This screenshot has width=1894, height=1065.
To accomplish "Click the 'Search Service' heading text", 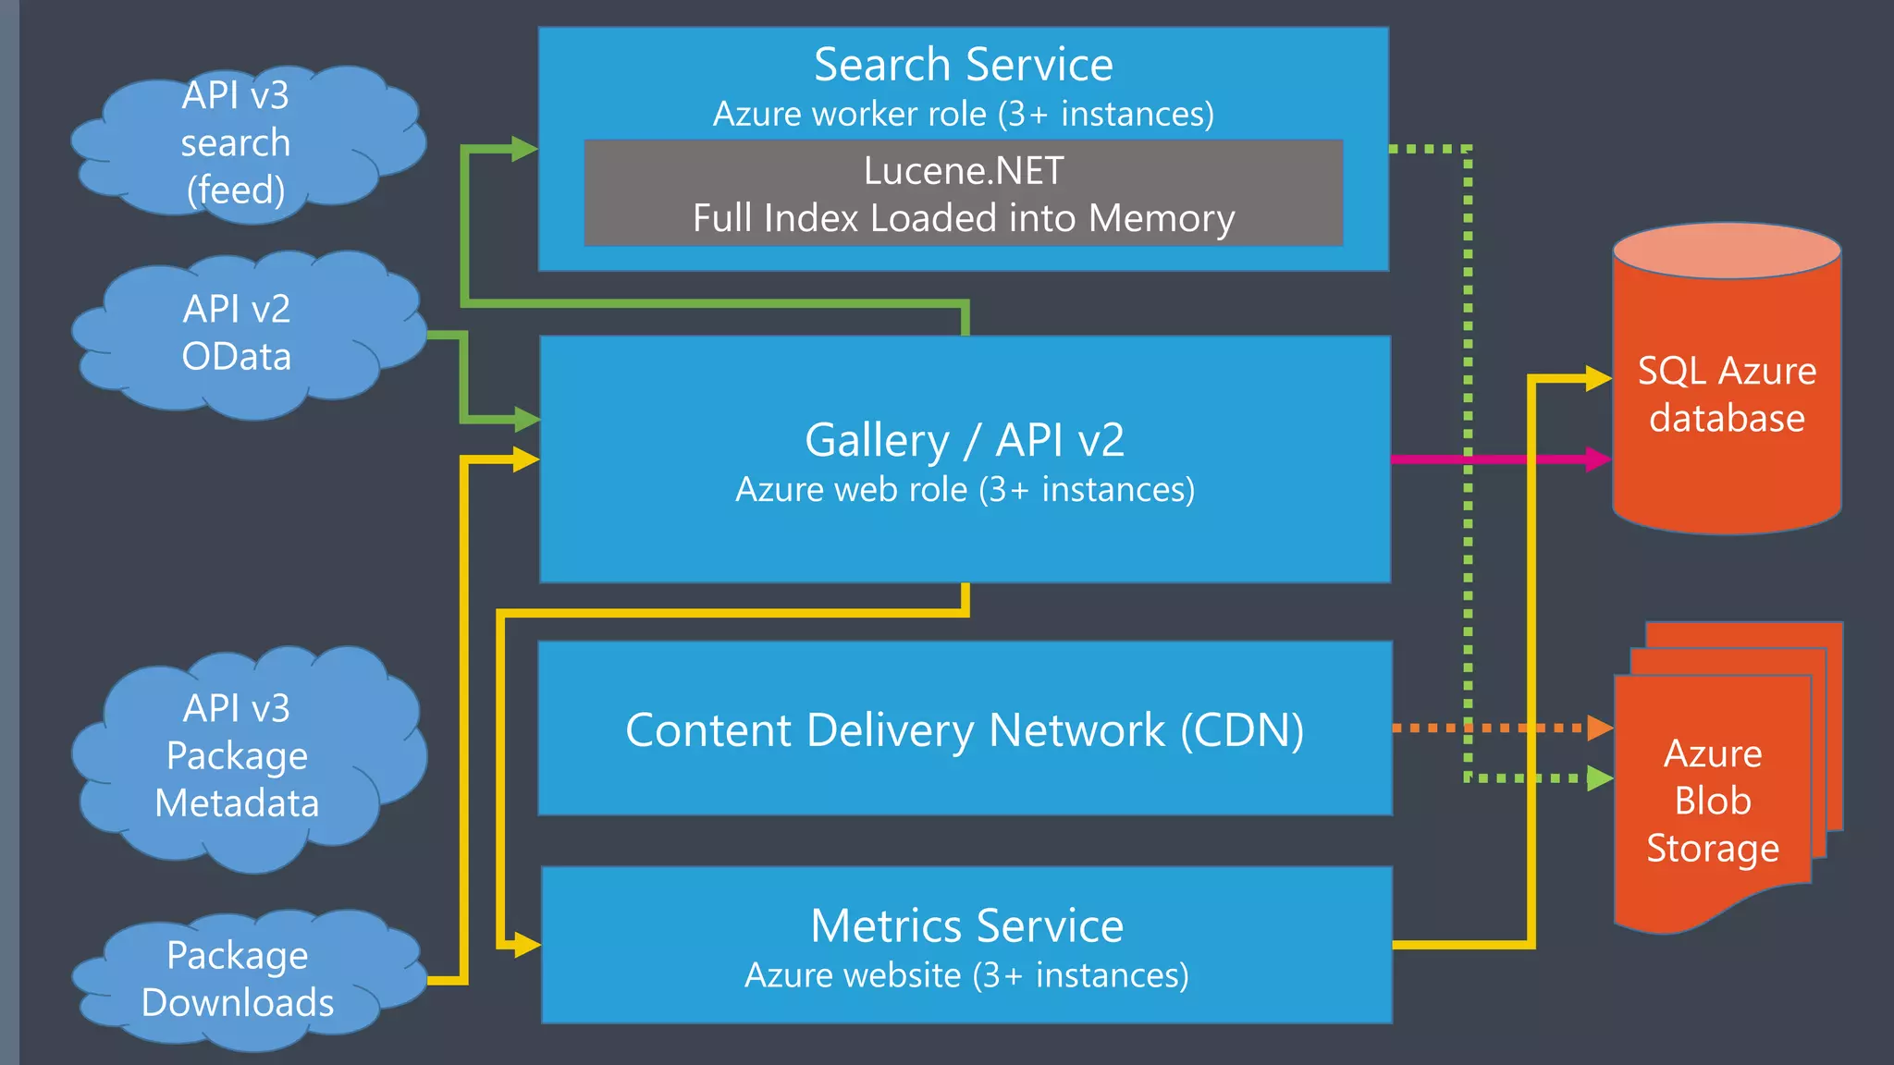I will coord(963,65).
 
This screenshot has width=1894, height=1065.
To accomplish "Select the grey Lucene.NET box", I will coord(963,193).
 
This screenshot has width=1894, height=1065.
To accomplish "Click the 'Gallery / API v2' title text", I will coord(964,440).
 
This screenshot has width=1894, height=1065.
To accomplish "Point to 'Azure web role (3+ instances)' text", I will coord(965,489).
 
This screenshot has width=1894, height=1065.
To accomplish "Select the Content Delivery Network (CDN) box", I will coord(965,728).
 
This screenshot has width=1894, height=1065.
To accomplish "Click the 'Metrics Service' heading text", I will coord(966,925).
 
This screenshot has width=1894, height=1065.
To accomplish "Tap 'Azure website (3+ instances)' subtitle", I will coord(966,975).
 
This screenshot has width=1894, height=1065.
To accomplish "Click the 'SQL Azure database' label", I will coord(1727,395).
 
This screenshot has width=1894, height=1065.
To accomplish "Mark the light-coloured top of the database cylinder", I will coord(1727,250).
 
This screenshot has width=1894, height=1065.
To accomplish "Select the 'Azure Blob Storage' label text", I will coord(1713,801).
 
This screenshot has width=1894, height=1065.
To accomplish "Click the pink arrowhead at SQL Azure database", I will coord(1598,459).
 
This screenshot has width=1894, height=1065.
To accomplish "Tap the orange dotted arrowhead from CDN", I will coord(1600,728).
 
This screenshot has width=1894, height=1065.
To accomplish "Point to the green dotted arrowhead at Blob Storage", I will coord(1600,777).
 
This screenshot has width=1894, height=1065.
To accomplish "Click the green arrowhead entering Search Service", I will coord(524,148).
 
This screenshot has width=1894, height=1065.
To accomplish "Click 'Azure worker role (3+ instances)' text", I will coord(963,114).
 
